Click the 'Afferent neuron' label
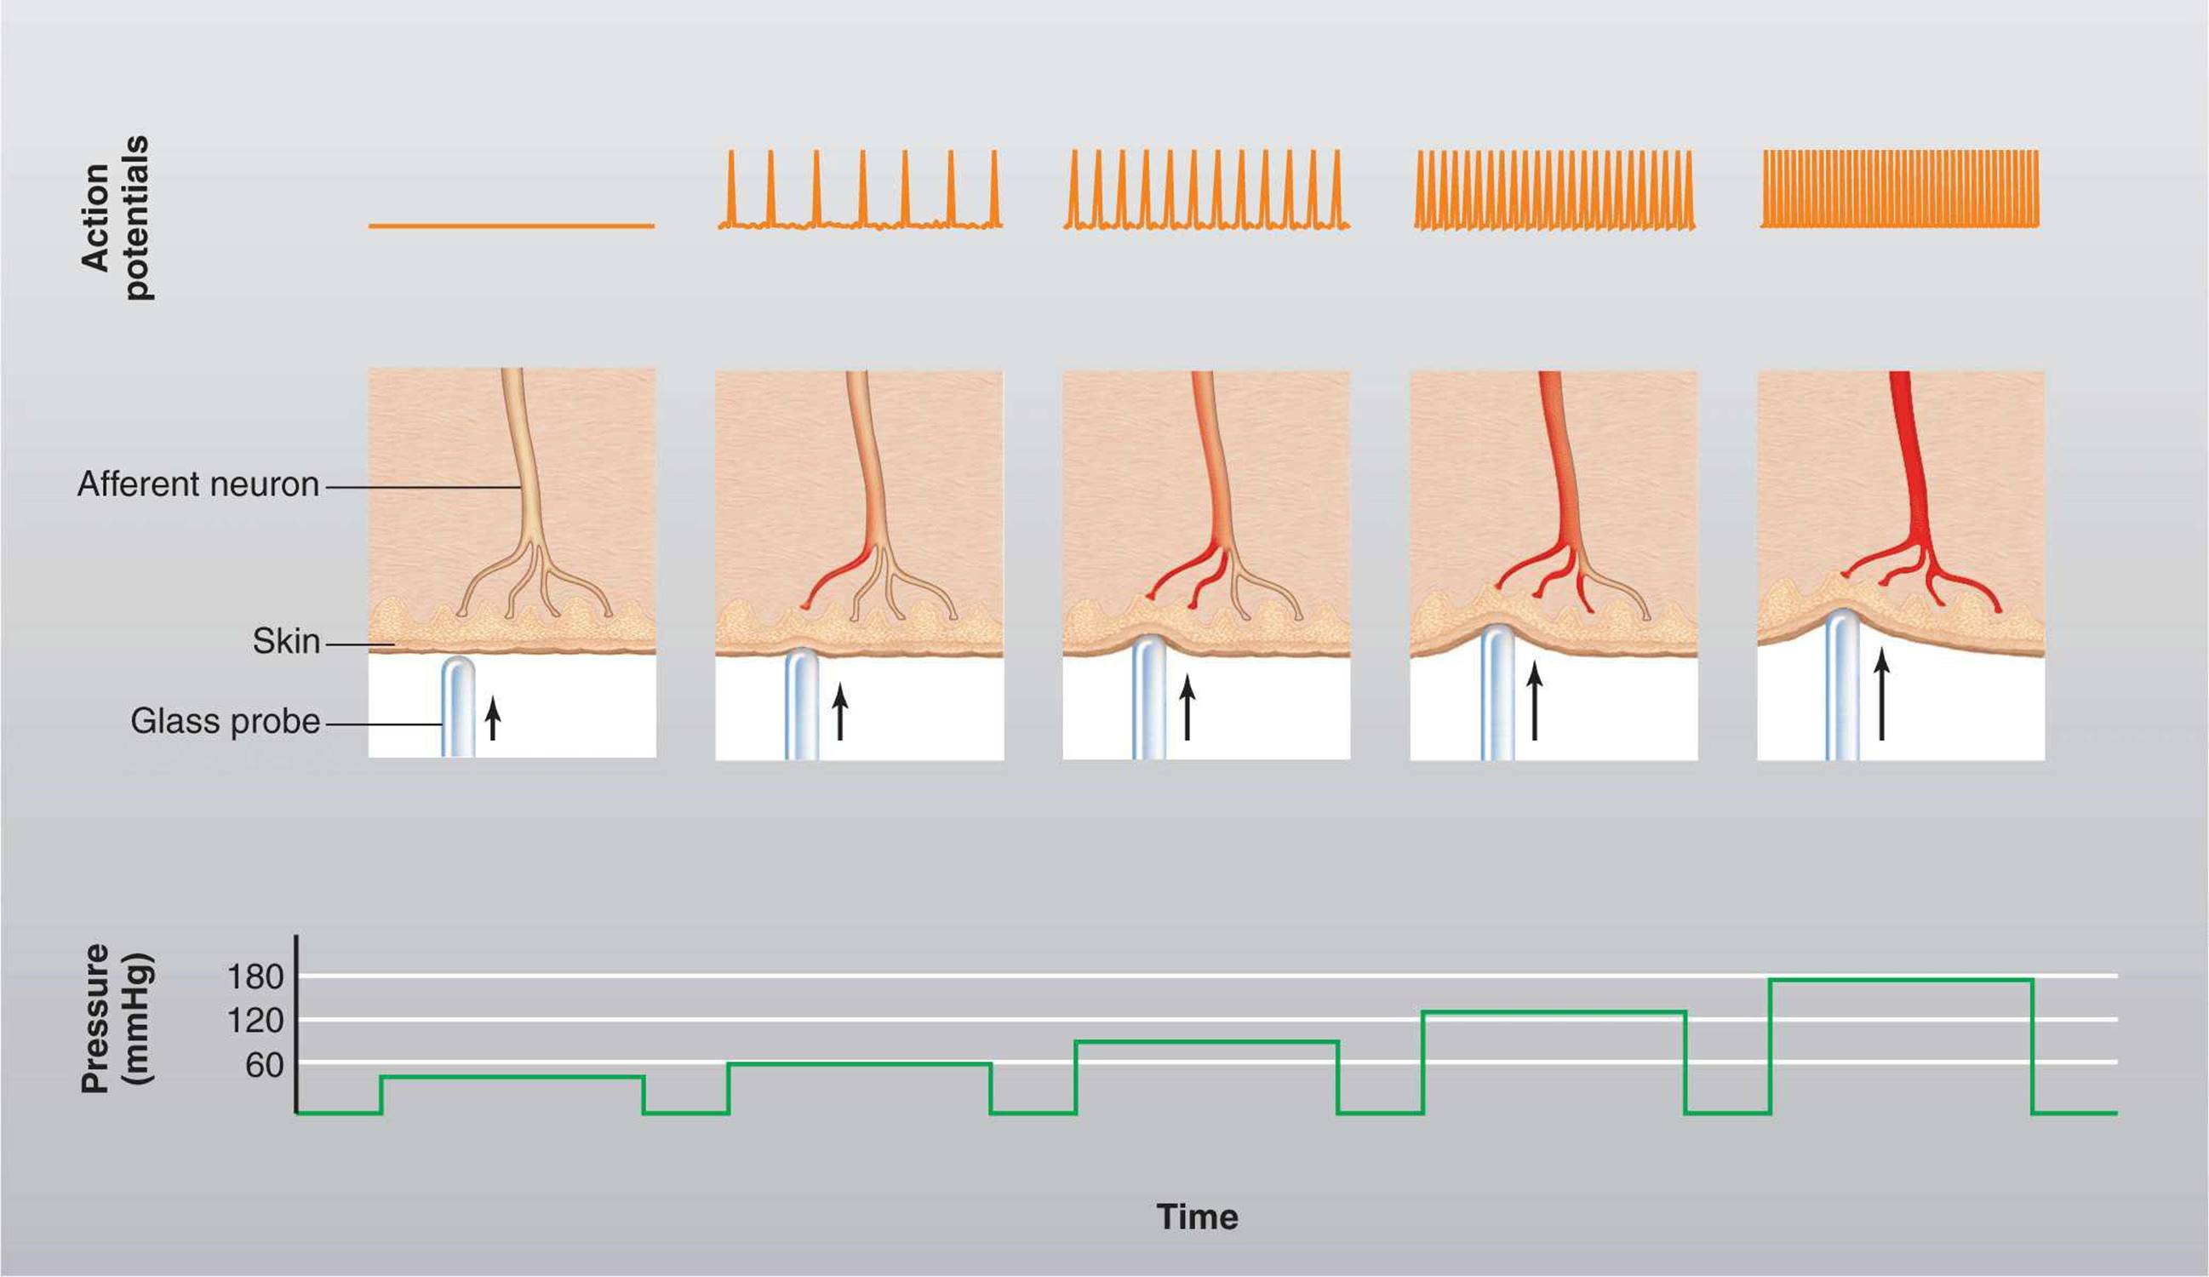coord(198,484)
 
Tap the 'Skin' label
coord(286,642)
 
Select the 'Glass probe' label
coord(226,722)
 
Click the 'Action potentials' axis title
coord(115,218)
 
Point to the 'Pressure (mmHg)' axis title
coord(117,1018)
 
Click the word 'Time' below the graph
coord(1198,1217)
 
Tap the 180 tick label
coord(255,976)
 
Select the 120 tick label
coord(255,1021)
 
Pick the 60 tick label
coord(265,1065)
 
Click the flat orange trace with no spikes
coord(511,226)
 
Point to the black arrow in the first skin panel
coord(493,718)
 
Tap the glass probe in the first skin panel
coord(458,707)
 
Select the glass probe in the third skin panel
coord(1148,697)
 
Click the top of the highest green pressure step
coord(1901,980)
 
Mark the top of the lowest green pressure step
coord(512,1076)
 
